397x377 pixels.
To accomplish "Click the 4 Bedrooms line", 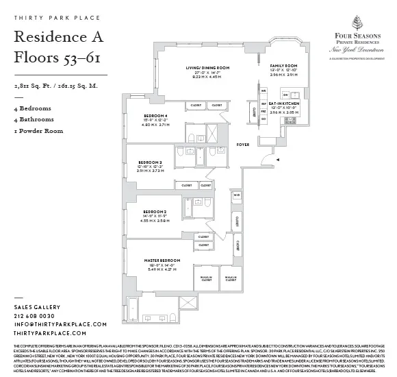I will (32, 109).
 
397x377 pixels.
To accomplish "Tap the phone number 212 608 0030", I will (38, 316).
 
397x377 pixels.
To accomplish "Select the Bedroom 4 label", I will (155, 116).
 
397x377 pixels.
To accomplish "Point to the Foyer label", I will (242, 145).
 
